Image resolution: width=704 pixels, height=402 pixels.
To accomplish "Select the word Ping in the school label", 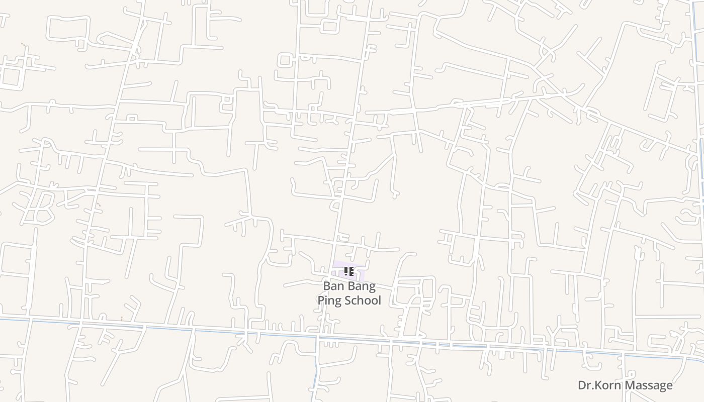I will pyautogui.click(x=328, y=300).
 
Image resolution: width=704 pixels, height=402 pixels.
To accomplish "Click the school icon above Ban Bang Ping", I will pyautogui.click(x=349, y=272).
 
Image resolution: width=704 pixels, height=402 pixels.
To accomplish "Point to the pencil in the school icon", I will pyautogui.click(x=346, y=272).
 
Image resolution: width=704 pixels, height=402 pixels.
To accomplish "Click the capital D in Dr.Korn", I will pyautogui.click(x=582, y=385).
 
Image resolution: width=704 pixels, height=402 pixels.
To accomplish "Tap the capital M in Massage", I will pyautogui.click(x=629, y=385).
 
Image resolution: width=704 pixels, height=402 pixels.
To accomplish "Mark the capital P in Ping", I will pyautogui.click(x=320, y=300).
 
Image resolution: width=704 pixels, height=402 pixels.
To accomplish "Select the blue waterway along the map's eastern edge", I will pyautogui.click(x=701, y=151).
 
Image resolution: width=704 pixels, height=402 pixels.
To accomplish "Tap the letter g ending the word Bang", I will pyautogui.click(x=372, y=287).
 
